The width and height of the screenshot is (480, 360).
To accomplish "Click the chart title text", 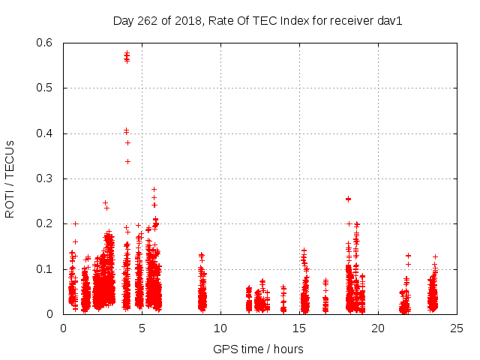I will tap(257, 21).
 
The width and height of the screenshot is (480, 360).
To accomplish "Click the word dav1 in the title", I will tap(390, 21).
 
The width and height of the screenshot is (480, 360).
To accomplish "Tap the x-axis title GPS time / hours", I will tap(258, 349).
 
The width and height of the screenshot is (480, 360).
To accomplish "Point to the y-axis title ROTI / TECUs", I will tap(10, 179).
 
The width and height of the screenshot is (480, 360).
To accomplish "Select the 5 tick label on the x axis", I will tap(142, 328).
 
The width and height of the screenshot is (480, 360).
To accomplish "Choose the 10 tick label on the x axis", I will tap(220, 328).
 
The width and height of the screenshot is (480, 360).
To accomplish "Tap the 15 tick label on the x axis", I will tap(299, 328).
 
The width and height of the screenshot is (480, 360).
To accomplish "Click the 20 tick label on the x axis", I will tap(378, 328).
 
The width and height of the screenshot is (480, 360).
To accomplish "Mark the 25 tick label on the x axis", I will tap(457, 328).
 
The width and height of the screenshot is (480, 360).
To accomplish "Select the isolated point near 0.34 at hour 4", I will tap(127, 161).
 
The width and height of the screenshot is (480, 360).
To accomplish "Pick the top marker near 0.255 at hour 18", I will tap(348, 199).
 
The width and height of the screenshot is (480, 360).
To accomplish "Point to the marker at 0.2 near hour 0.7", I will tap(75, 223).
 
